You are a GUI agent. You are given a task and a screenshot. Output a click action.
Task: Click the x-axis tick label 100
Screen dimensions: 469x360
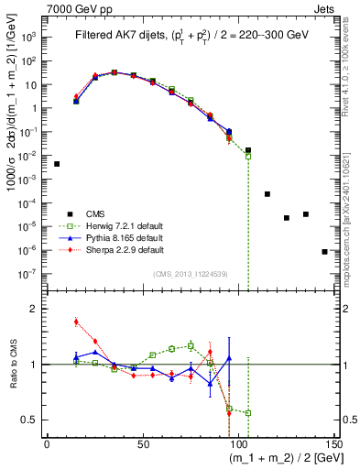[x=238, y=443]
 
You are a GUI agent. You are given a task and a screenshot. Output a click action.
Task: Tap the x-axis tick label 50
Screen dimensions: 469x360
[x=143, y=443]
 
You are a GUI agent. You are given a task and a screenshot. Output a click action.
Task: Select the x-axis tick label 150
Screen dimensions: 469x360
[x=333, y=443]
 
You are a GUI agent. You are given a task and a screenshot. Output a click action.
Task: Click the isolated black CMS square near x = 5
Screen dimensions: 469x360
[x=57, y=164]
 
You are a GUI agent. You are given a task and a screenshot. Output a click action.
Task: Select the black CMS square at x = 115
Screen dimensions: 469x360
[x=267, y=194]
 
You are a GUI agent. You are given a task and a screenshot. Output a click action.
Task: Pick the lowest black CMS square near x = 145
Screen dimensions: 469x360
[x=324, y=251]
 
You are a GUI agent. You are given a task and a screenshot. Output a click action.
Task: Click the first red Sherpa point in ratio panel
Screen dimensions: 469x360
[x=76, y=322]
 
